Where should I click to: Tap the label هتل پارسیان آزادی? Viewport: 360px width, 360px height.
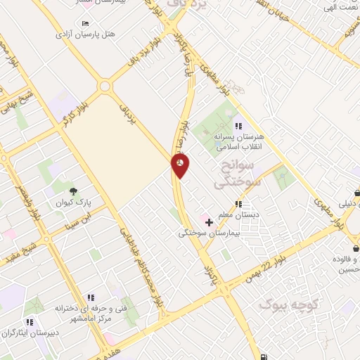(85, 34)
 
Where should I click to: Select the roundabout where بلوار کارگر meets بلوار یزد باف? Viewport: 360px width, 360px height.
(105, 86)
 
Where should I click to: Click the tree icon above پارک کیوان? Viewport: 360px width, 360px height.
(72, 191)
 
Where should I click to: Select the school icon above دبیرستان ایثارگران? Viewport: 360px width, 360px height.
(30, 322)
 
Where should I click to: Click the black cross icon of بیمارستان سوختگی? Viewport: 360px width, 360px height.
(209, 222)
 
